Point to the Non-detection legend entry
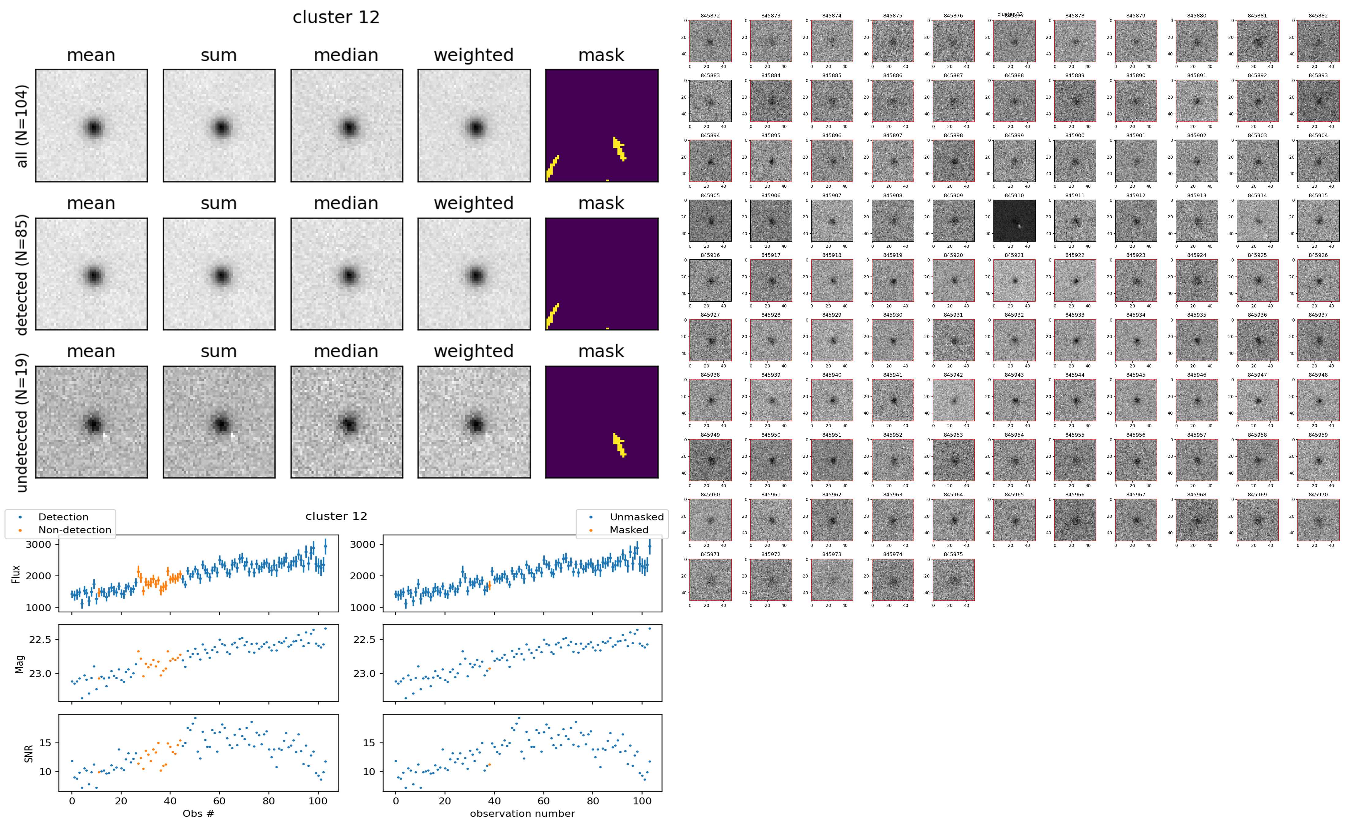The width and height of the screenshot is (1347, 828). [74, 529]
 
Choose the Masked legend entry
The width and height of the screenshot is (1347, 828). [628, 529]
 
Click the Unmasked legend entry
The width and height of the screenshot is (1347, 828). [636, 517]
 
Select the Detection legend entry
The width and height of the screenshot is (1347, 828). [63, 517]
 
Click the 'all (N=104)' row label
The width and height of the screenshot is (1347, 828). [22, 126]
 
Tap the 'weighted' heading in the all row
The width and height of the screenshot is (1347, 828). [474, 55]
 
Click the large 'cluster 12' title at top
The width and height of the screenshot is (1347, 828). [336, 17]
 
